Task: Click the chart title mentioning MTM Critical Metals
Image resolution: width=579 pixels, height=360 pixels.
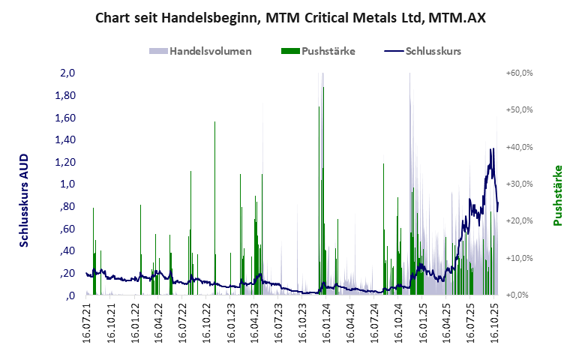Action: point(289,17)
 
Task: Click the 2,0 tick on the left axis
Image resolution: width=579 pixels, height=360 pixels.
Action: point(67,73)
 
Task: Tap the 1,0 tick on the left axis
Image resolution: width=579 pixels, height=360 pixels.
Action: point(67,184)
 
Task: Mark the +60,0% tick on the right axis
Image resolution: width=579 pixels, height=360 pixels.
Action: point(519,73)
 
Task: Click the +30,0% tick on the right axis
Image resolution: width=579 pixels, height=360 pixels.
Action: point(519,184)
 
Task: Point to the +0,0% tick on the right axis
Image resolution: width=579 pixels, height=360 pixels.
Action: point(519,295)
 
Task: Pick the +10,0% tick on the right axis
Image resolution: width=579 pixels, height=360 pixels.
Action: point(519,258)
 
